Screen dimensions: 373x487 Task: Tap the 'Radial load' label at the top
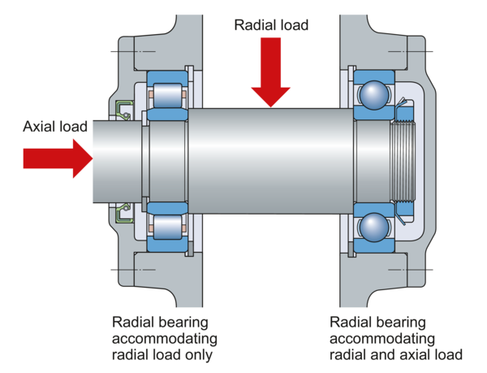(x=270, y=25)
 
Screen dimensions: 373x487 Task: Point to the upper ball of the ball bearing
(x=373, y=94)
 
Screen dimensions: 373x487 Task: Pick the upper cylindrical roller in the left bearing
(x=167, y=94)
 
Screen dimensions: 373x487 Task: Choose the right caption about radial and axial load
(x=395, y=336)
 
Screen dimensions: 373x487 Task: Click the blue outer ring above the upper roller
(x=167, y=77)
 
